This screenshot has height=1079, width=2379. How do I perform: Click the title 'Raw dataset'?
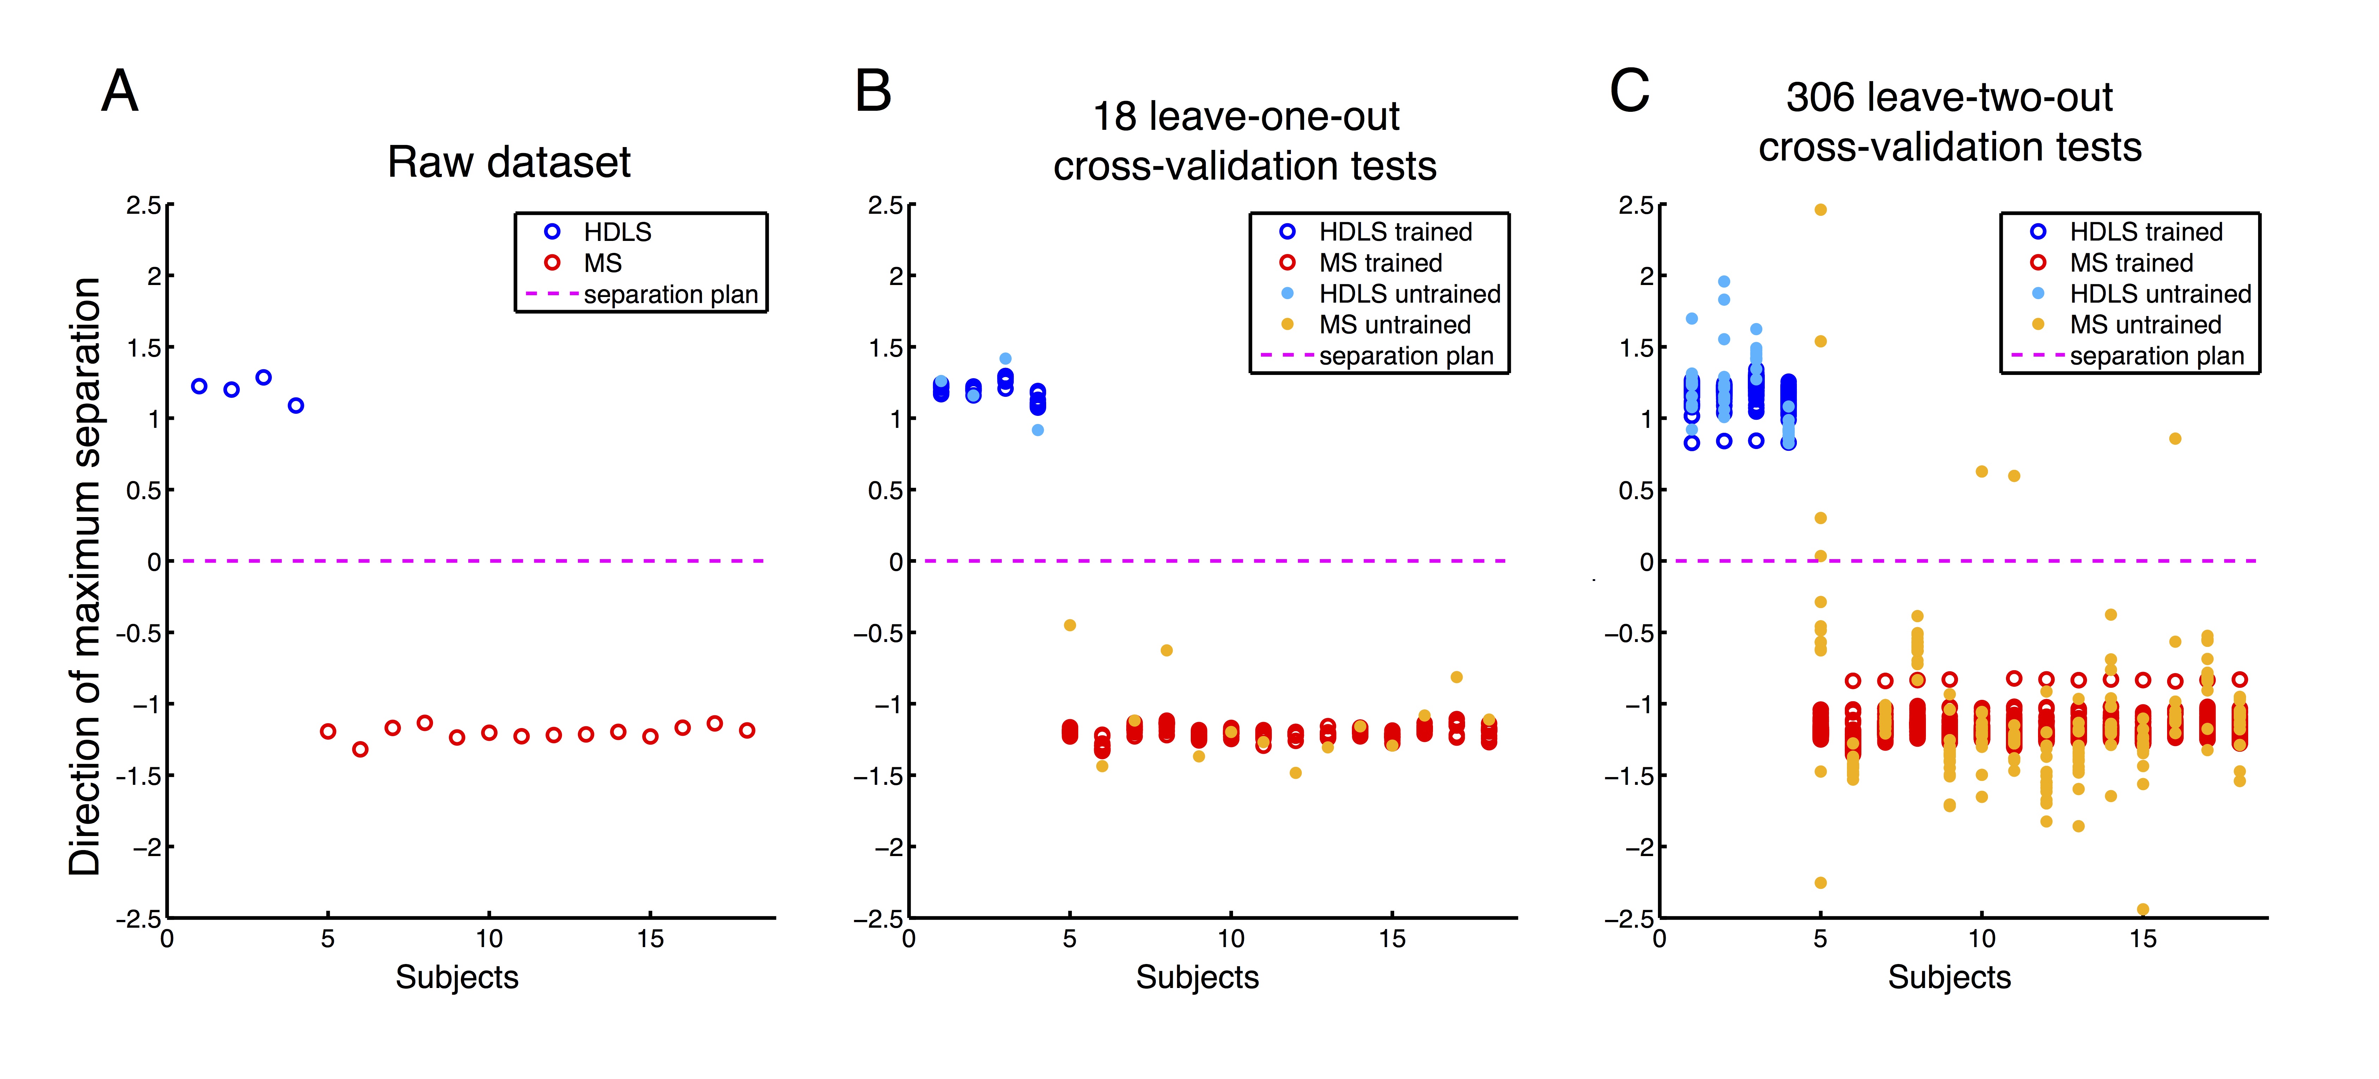509,163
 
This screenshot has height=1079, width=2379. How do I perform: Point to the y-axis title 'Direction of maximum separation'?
85,576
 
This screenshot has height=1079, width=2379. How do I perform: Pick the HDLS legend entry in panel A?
617,232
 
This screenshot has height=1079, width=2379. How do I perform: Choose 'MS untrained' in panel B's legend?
1395,324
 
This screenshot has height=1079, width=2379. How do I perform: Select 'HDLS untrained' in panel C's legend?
2160,294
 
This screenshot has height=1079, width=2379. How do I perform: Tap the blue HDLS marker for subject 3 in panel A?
263,377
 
